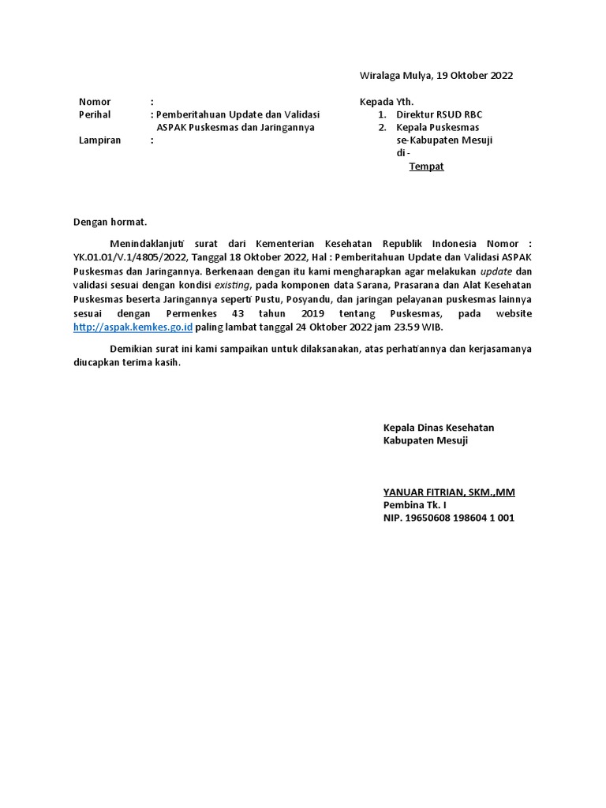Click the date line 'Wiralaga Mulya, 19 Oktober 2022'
[436, 76]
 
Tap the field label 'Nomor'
[95, 102]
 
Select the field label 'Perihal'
[95, 114]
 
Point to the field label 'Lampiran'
[99, 140]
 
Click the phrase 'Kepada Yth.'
[387, 102]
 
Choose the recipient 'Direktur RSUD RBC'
[440, 114]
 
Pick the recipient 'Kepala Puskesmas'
[438, 127]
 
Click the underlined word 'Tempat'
[426, 166]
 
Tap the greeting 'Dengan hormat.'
[110, 223]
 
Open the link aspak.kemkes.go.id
[133, 326]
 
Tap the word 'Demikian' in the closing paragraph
[131, 350]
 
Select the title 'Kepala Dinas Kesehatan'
[438, 428]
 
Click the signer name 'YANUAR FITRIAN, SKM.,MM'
[448, 492]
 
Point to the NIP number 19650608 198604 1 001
[448, 518]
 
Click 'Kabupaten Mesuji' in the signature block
[425, 440]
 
